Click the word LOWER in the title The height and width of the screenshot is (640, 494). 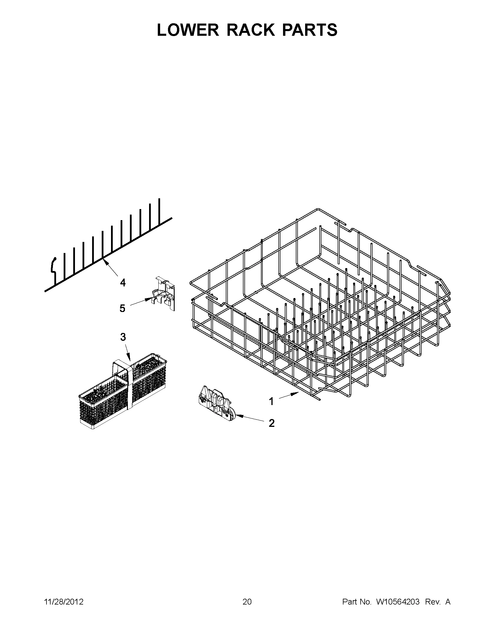click(188, 30)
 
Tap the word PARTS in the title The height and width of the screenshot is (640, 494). click(309, 30)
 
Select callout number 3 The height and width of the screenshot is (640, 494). click(123, 337)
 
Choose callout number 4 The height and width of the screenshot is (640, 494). click(123, 283)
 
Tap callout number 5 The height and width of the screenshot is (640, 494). click(122, 308)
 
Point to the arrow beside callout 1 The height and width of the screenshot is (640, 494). click(289, 396)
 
